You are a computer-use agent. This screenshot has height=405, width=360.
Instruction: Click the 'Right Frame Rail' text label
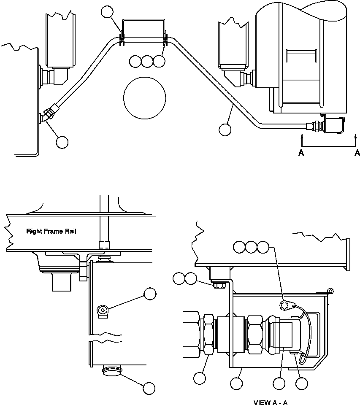tap(51, 231)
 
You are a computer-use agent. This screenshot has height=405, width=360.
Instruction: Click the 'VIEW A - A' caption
tap(270, 402)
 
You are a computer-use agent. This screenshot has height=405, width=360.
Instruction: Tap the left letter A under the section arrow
tap(301, 153)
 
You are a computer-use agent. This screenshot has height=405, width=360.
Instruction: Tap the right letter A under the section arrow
tap(357, 153)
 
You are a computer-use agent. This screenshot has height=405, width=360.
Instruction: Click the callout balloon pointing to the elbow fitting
tap(62, 142)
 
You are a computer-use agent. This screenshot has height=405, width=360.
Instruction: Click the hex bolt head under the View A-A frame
tap(219, 285)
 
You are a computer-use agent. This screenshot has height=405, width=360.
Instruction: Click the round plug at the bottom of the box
tap(112, 371)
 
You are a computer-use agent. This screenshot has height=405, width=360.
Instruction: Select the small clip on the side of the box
tap(103, 312)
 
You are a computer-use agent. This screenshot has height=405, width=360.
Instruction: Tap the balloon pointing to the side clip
tap(150, 294)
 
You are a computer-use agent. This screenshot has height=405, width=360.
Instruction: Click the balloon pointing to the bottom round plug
tap(149, 388)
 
